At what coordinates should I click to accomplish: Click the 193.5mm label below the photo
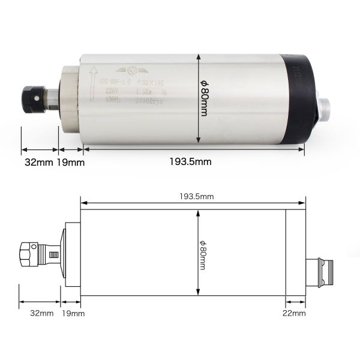pos(190,162)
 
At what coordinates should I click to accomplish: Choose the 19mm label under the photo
pos(71,162)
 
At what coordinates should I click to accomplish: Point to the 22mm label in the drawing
pos(295,313)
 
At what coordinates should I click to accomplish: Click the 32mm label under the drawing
pos(41,313)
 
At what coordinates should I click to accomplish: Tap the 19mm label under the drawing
pos(73,313)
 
